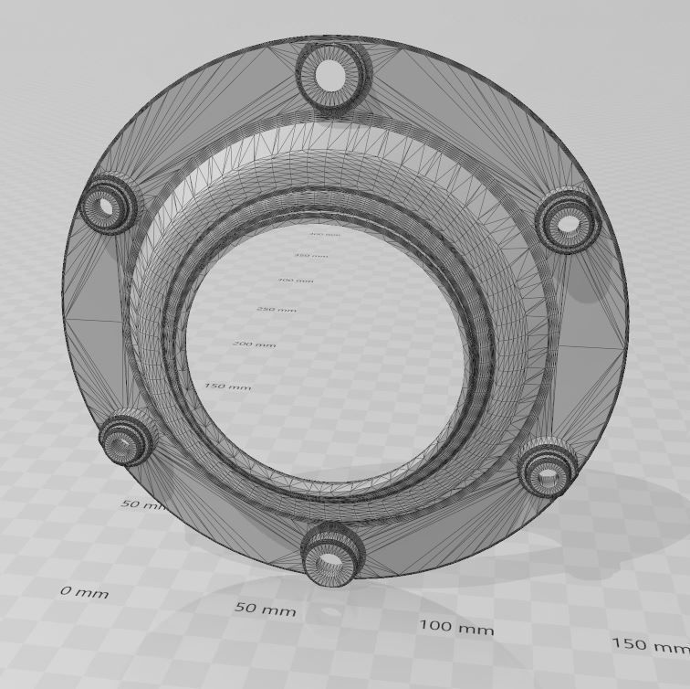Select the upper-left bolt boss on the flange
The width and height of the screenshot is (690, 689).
click(109, 207)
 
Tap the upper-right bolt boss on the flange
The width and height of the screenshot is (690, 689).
click(568, 221)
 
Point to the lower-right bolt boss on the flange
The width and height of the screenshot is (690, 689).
click(548, 470)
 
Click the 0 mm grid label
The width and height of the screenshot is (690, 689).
click(85, 592)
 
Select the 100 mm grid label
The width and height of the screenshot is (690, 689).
click(456, 628)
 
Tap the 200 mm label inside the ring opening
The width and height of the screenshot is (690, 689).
click(254, 344)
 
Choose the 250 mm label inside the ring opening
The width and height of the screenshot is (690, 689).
click(277, 310)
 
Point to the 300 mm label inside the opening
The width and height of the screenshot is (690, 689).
click(295, 281)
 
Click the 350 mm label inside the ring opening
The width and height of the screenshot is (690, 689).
click(310, 255)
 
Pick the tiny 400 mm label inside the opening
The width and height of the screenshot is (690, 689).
click(324, 235)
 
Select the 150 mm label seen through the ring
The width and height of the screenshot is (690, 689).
click(227, 387)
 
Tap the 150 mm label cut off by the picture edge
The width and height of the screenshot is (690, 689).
click(650, 645)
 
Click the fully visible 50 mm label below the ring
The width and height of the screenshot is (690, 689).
click(265, 609)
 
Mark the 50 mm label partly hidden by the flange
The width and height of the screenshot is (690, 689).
click(142, 504)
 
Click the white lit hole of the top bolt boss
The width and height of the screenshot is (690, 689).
click(330, 77)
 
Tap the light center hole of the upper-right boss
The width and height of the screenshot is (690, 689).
click(569, 223)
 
